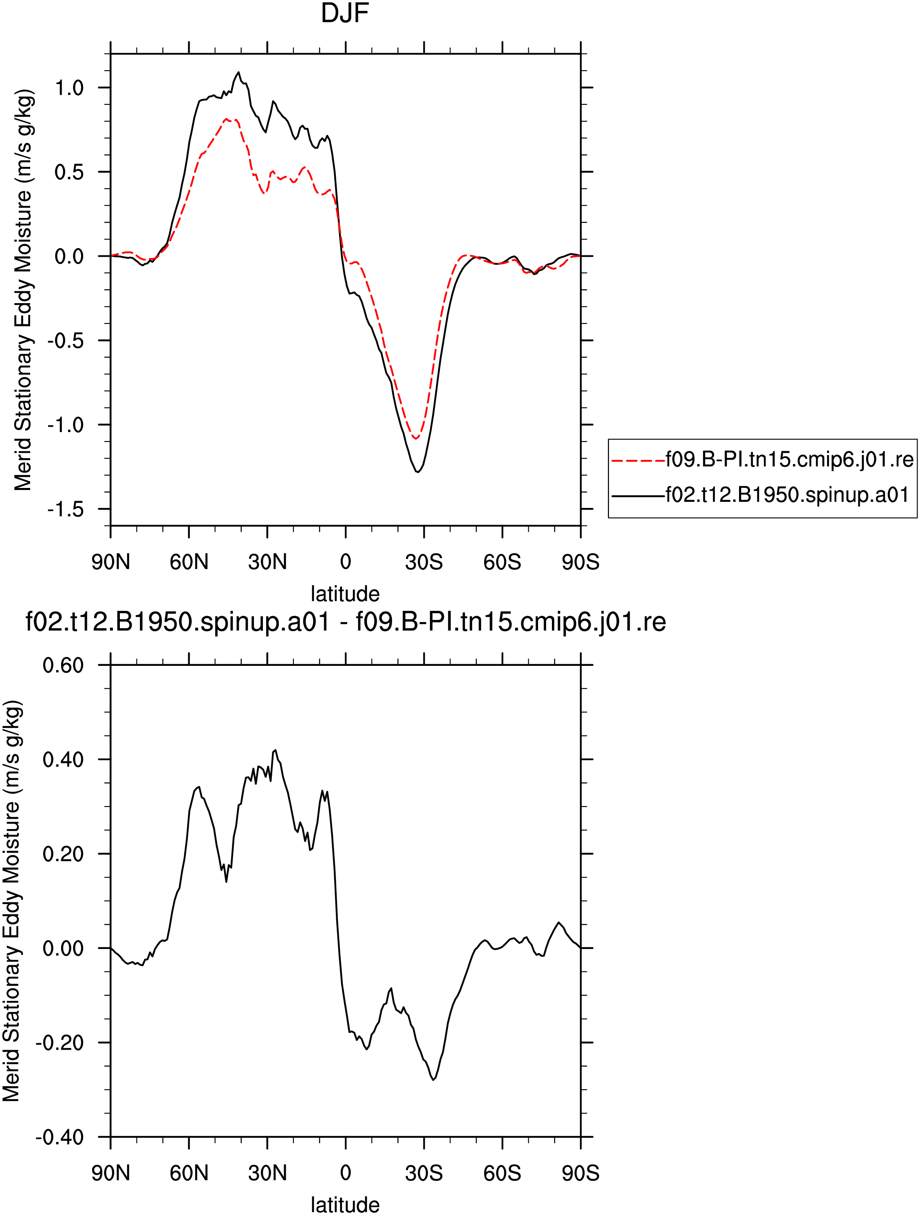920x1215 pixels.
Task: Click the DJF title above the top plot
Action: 345,13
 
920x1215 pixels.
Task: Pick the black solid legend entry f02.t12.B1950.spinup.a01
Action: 761,495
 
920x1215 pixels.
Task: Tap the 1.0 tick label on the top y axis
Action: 69,87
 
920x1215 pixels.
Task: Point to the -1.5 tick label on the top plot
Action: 65,509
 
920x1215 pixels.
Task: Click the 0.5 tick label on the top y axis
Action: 69,172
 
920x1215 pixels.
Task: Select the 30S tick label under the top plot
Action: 424,562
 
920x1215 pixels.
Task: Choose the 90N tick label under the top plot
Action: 111,562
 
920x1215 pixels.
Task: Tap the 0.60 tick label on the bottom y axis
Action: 63,665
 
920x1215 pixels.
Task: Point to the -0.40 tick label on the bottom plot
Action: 59,1136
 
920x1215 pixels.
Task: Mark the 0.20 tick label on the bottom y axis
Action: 63,854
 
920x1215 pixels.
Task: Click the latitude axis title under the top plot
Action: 345,594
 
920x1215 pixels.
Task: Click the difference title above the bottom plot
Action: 346,622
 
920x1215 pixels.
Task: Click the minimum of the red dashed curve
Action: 415,438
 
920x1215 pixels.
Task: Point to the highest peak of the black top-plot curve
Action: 238,72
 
